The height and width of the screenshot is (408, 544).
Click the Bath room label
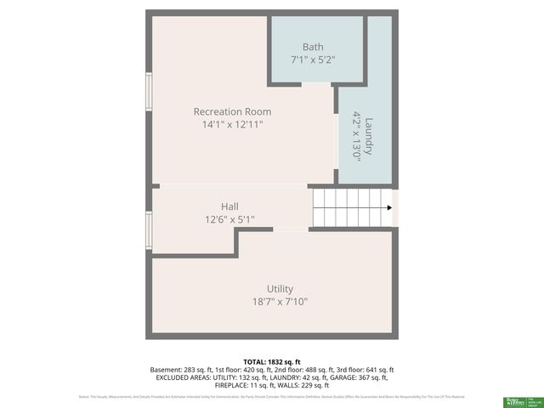click(x=313, y=46)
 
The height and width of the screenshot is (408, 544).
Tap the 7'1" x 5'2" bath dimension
click(x=313, y=59)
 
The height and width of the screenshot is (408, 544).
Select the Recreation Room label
click(x=232, y=111)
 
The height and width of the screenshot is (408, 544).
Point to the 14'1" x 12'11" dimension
click(x=232, y=125)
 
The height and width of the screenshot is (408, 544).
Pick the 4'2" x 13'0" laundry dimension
click(x=357, y=136)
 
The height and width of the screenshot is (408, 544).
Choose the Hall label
click(x=229, y=207)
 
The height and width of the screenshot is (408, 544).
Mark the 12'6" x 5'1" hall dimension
click(x=229, y=219)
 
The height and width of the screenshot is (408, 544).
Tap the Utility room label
click(x=280, y=288)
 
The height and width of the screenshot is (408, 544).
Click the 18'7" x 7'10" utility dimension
click(x=280, y=302)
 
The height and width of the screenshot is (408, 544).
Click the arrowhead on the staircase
click(x=388, y=208)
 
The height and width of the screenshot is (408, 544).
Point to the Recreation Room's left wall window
click(x=149, y=92)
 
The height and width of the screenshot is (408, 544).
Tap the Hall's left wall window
click(x=149, y=228)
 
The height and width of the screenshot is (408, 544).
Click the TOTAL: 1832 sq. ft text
click(x=272, y=361)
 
